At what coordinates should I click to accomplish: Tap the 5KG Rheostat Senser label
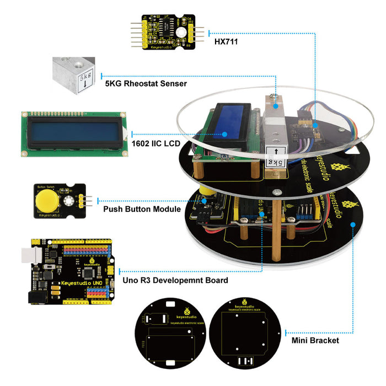pos(146,83)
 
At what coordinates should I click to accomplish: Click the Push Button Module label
pos(142,209)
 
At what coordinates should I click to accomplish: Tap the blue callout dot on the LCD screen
pos(225,133)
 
